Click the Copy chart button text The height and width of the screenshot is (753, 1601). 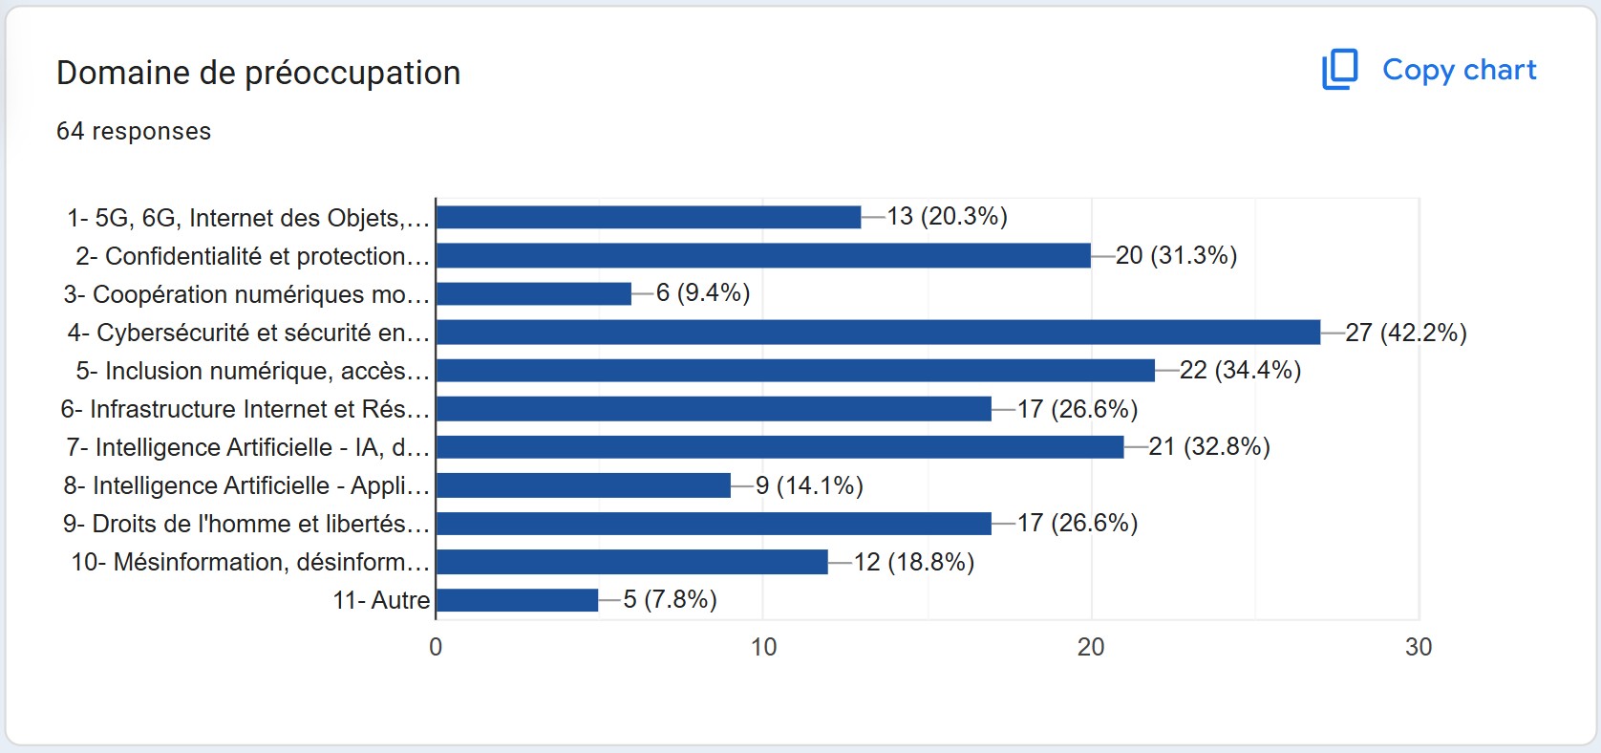1459,70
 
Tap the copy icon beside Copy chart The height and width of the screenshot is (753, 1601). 1339,70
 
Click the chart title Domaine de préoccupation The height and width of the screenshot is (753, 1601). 259,73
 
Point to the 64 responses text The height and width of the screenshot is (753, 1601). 134,132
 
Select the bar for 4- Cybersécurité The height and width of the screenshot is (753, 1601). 879,333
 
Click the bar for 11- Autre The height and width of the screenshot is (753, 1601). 518,600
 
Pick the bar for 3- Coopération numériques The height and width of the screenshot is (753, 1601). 534,294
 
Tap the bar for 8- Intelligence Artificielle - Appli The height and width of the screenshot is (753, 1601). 584,485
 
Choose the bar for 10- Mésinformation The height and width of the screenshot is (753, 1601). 632,562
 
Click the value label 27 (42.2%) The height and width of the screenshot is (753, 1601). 1406,333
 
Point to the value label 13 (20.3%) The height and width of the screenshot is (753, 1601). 947,216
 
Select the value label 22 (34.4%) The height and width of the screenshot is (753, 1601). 1240,371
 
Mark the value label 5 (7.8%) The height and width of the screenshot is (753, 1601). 670,599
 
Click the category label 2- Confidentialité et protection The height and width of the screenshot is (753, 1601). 253,256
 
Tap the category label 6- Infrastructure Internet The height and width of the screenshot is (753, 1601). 245,409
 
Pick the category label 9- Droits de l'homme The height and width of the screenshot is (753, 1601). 246,524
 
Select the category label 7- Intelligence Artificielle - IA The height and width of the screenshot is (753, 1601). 248,447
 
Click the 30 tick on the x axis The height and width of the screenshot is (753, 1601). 1419,647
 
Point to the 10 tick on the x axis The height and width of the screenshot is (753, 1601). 763,647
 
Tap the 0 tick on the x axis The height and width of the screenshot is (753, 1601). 436,647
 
